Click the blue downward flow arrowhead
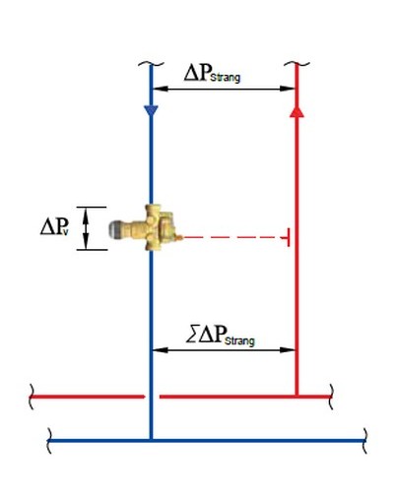click(x=151, y=111)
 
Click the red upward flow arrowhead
click(x=296, y=111)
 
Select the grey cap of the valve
click(x=115, y=229)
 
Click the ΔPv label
click(x=54, y=226)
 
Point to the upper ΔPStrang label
click(x=212, y=73)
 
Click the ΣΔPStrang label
click(x=221, y=336)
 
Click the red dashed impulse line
click(x=232, y=237)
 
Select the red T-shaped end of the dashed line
click(x=289, y=237)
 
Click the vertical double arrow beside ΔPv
click(x=86, y=228)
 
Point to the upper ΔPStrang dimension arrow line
click(x=225, y=89)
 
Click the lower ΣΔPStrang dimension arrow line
click(x=225, y=350)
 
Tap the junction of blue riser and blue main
click(x=151, y=440)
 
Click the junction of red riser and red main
click(x=296, y=397)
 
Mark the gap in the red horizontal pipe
click(x=153, y=397)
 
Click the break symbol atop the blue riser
click(x=151, y=64)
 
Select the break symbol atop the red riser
click(x=296, y=64)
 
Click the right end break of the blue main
click(x=364, y=441)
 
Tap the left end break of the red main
click(x=32, y=397)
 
